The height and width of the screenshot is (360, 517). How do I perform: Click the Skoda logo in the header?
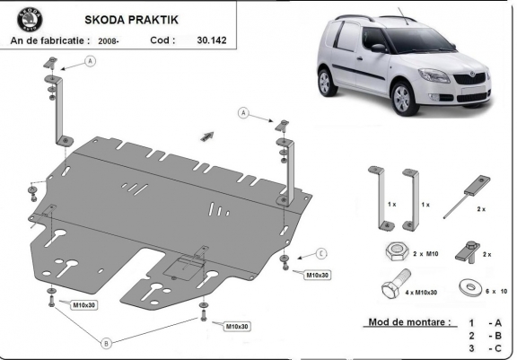tap(30, 20)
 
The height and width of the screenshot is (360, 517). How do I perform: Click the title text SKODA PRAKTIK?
tap(132, 20)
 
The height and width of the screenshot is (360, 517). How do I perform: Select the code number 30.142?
tap(212, 40)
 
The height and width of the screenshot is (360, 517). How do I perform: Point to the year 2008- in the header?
tap(109, 41)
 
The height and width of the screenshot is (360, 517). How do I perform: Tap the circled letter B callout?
tap(106, 344)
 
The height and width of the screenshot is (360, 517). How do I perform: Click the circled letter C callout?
tap(321, 253)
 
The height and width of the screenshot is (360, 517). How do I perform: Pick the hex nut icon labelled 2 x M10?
tap(398, 251)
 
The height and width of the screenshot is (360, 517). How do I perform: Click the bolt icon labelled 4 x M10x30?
tap(397, 284)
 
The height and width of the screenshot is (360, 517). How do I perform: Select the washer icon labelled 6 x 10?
tap(469, 287)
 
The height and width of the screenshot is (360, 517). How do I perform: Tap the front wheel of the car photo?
tap(404, 98)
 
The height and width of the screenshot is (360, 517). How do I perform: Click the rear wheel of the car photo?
tap(327, 83)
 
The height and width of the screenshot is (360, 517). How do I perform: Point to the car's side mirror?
tap(379, 48)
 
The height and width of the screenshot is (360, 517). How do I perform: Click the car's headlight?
tap(434, 75)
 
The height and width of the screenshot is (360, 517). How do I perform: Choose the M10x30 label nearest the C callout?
tap(317, 275)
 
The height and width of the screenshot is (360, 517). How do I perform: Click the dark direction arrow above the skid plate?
tap(207, 136)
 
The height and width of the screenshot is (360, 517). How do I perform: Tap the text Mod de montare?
tap(409, 322)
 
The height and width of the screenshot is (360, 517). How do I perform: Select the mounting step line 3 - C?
tap(486, 348)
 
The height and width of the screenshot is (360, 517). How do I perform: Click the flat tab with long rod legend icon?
tap(467, 197)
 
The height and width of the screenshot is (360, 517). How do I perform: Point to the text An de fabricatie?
tap(50, 40)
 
